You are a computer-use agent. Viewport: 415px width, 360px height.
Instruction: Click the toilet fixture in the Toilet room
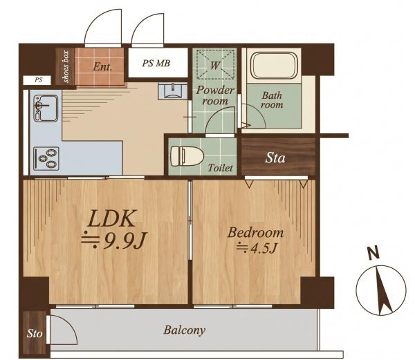pyautogui.click(x=187, y=156)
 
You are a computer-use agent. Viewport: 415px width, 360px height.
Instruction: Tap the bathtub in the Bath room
pyautogui.click(x=275, y=66)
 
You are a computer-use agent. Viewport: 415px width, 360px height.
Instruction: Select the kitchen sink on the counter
pyautogui.click(x=46, y=108)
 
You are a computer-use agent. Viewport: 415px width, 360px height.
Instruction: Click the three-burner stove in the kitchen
pyautogui.click(x=46, y=159)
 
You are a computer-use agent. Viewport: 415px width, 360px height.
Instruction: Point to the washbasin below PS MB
pyautogui.click(x=172, y=91)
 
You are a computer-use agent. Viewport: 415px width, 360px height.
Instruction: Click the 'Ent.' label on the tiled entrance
pyautogui.click(x=102, y=66)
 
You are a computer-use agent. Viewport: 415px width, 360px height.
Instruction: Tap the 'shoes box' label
pyautogui.click(x=66, y=66)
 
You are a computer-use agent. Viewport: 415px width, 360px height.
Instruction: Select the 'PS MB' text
pyautogui.click(x=156, y=63)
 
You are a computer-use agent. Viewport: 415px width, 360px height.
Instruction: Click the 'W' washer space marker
pyautogui.click(x=214, y=65)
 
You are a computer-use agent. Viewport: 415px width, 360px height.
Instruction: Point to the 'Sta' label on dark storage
pyautogui.click(x=275, y=158)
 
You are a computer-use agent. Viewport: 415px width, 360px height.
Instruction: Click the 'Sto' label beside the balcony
pyautogui.click(x=35, y=334)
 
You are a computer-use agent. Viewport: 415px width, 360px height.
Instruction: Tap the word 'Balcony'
pyautogui.click(x=185, y=330)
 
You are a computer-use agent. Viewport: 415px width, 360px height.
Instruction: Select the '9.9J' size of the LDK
pyautogui.click(x=124, y=240)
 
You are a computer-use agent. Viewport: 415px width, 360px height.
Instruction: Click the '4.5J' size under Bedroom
pyautogui.click(x=264, y=248)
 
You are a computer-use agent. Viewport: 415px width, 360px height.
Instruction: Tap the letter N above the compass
pyautogui.click(x=373, y=253)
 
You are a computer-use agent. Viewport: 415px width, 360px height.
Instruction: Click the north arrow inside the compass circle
pyautogui.click(x=382, y=291)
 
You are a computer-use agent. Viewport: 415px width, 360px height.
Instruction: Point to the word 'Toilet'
pyautogui.click(x=220, y=168)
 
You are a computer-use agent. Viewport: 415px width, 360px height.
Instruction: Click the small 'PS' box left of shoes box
pyautogui.click(x=37, y=80)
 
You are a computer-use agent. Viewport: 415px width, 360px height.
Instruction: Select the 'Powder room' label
pyautogui.click(x=215, y=95)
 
